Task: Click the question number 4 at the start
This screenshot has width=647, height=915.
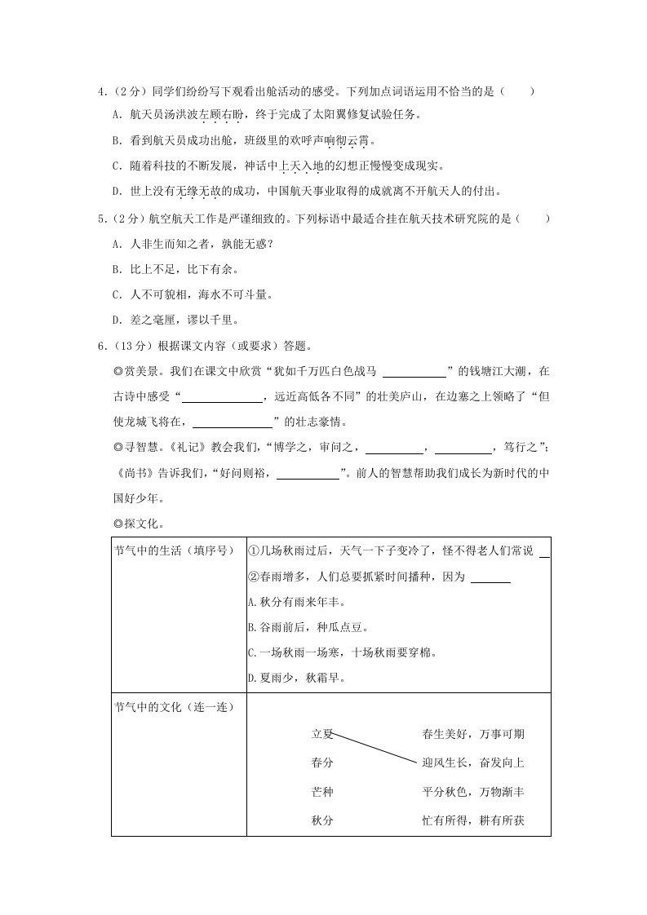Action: [100, 92]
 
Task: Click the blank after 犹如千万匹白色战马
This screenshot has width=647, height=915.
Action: [414, 371]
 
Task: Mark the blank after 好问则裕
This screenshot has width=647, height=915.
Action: [308, 474]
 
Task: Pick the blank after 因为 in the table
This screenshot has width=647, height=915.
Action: [490, 577]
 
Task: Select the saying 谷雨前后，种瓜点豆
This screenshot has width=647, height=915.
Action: [306, 628]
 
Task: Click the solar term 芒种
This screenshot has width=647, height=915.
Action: [322, 792]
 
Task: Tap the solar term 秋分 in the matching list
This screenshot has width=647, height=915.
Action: [322, 820]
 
